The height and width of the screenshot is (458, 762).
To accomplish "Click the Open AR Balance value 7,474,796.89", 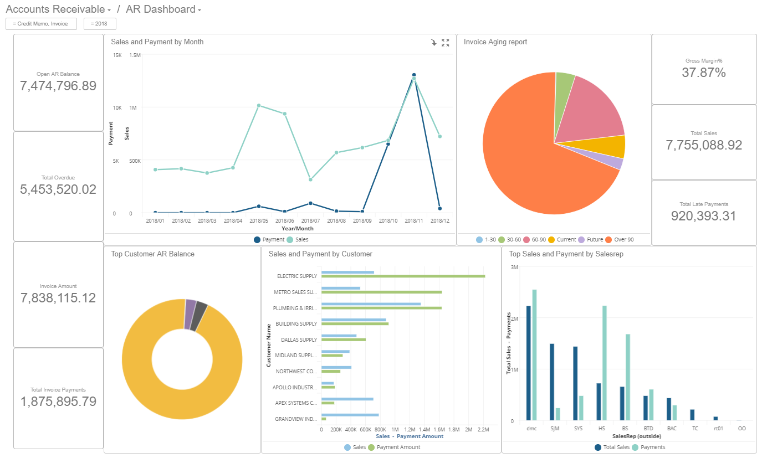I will (58, 86).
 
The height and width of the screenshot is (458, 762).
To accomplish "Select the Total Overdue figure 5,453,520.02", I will (58, 189).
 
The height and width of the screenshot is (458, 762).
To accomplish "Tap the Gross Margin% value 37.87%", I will (704, 73).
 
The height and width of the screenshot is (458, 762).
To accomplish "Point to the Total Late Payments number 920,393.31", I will (704, 216).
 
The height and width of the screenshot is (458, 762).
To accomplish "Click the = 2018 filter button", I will (100, 24).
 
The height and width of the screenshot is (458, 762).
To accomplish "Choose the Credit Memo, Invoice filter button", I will (41, 24).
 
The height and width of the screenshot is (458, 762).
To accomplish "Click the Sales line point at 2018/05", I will (259, 105).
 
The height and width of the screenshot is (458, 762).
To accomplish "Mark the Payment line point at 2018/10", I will (388, 144).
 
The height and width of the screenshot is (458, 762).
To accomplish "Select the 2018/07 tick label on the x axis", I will (310, 220).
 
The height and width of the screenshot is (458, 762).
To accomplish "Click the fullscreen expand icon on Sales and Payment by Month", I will (445, 43).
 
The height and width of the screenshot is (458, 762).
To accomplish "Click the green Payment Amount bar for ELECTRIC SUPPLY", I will (403, 276).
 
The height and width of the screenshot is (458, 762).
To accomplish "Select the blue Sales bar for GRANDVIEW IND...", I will (350, 415).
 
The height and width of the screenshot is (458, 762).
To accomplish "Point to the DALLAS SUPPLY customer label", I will (299, 339).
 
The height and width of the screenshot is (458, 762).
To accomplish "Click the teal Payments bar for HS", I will (605, 363).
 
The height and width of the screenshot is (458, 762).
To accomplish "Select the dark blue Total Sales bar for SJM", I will (552, 382).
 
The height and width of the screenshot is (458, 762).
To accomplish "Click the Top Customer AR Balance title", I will (152, 254).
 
